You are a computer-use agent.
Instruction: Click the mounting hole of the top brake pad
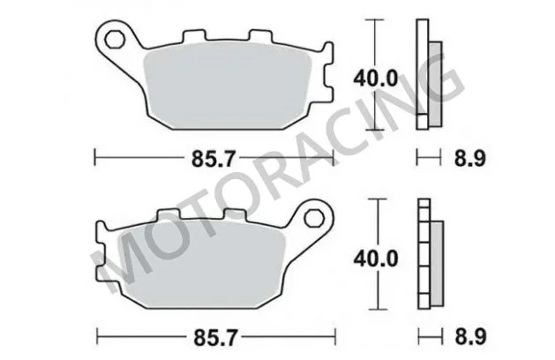[113, 39]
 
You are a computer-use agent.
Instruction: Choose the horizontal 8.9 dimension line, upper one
[427, 159]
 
